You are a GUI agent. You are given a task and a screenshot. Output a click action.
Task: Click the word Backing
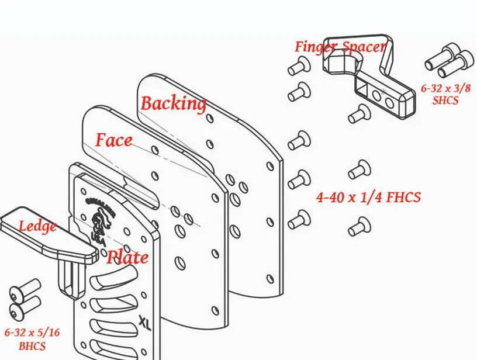pos(173,103)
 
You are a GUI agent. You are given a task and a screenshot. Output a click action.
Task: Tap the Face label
pos(113,140)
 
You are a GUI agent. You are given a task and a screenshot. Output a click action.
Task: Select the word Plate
pos(127,257)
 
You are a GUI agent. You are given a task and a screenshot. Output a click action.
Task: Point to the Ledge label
pos(37,226)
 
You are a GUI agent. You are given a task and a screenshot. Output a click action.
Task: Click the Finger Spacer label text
pos(340,47)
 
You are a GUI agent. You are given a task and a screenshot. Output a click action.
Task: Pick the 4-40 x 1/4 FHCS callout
pos(368,198)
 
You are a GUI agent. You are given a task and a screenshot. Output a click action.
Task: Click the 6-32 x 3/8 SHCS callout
pos(446,94)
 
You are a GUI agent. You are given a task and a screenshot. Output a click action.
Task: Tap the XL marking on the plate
pos(145,323)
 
